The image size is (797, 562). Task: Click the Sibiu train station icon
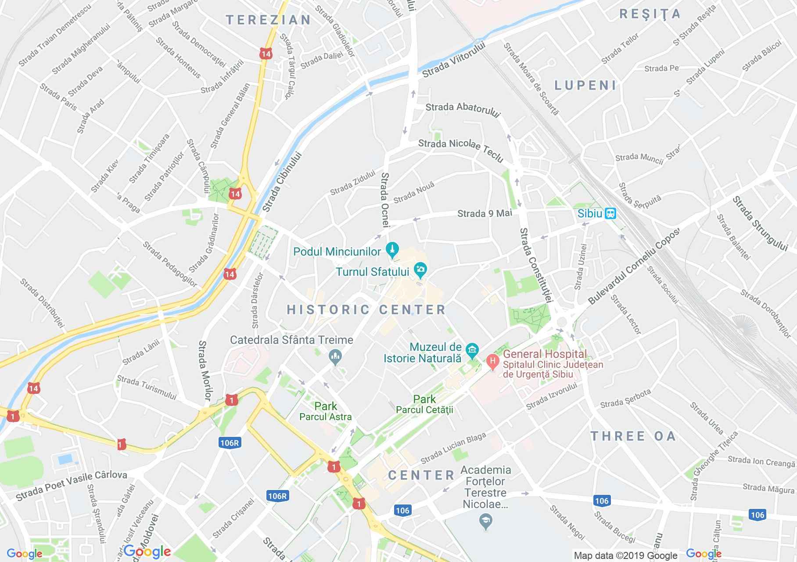point(610,214)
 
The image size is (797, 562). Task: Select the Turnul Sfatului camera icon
point(420,270)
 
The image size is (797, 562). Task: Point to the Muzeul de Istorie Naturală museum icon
point(472,350)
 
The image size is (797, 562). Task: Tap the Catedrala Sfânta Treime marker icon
point(335,357)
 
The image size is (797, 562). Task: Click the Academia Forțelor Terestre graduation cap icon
point(486,521)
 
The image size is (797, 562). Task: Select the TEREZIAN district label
point(268,20)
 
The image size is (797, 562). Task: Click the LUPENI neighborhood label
point(585,85)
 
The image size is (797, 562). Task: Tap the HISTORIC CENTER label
point(366,310)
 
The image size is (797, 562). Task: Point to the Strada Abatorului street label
point(463,110)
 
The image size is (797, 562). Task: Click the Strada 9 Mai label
point(485,213)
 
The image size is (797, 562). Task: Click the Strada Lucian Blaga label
point(453,448)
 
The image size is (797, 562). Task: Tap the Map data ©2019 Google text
point(625,556)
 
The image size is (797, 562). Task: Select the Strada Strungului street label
point(760,224)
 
